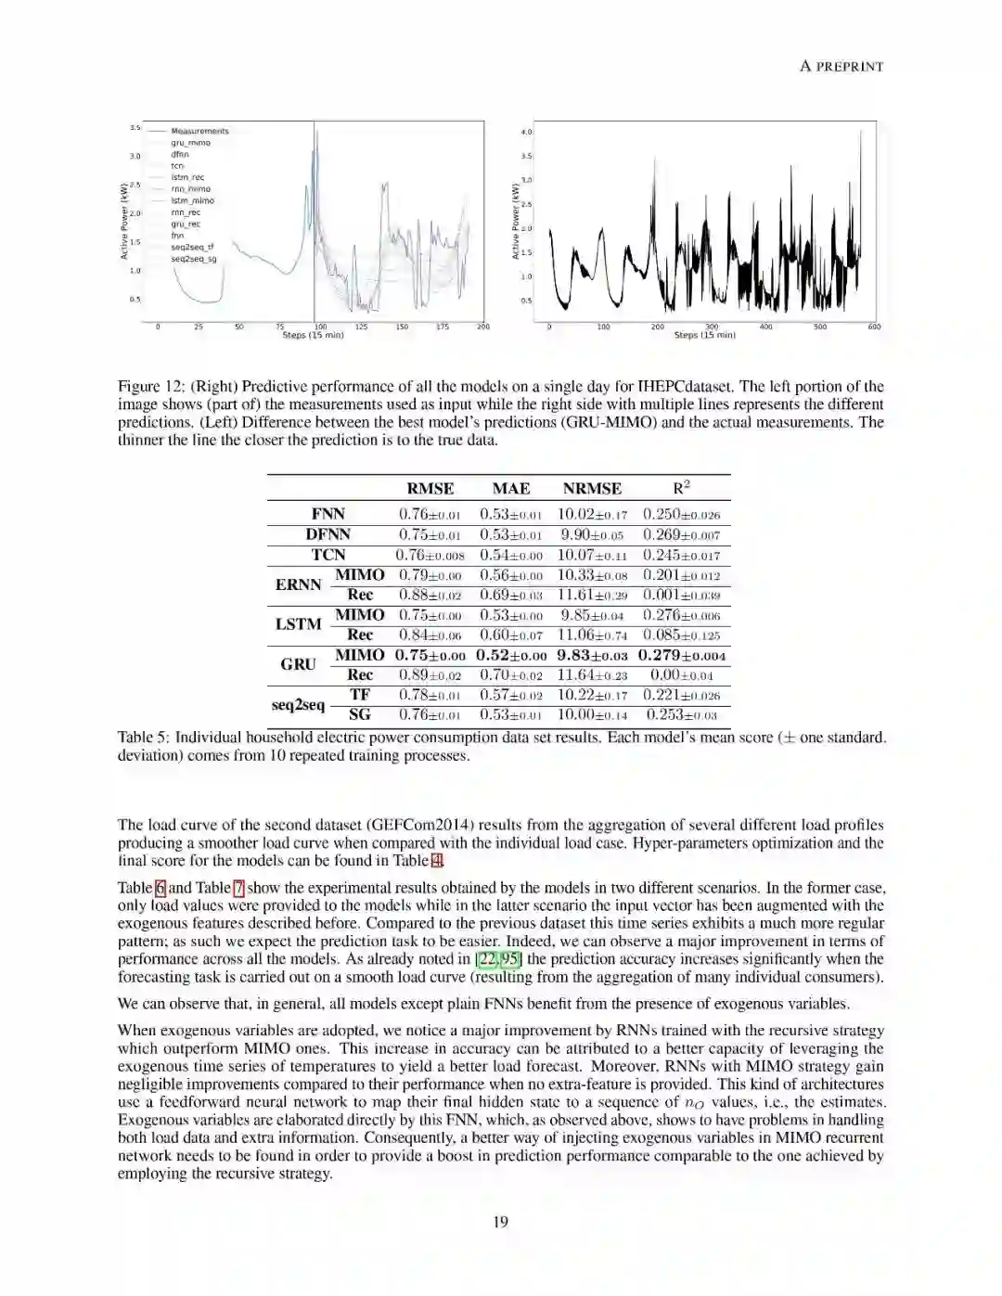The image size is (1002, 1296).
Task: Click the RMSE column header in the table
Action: pyautogui.click(x=430, y=489)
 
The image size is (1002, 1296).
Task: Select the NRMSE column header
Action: pyautogui.click(x=592, y=489)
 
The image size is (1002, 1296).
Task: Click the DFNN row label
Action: pyautogui.click(x=328, y=534)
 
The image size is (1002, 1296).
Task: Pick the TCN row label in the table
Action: pyautogui.click(x=328, y=555)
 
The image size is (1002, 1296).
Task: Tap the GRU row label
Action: pyautogui.click(x=298, y=664)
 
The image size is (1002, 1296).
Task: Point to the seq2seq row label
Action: pyautogui.click(x=298, y=705)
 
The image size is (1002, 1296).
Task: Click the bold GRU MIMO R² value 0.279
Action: pyautogui.click(x=681, y=656)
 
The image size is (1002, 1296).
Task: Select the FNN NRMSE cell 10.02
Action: pyautogui.click(x=592, y=515)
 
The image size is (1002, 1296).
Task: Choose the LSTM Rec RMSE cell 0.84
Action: pyautogui.click(x=430, y=635)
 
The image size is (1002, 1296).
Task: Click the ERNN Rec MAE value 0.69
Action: pyautogui.click(x=510, y=595)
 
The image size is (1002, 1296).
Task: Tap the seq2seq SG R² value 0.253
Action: pyautogui.click(x=681, y=715)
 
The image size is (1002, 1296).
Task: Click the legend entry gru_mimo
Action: pyautogui.click(x=190, y=143)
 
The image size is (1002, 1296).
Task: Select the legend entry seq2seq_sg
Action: pyautogui.click(x=193, y=259)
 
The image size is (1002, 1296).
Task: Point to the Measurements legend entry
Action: pyautogui.click(x=199, y=131)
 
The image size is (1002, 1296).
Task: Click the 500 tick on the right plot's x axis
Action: pyautogui.click(x=820, y=327)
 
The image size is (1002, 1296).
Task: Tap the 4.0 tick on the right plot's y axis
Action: pyautogui.click(x=527, y=132)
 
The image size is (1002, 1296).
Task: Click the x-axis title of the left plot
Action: pyautogui.click(x=313, y=335)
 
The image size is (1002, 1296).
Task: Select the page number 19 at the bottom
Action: pyautogui.click(x=500, y=1222)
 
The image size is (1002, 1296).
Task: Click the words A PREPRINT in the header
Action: pyautogui.click(x=841, y=66)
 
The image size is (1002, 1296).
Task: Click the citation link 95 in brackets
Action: pyautogui.click(x=509, y=959)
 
